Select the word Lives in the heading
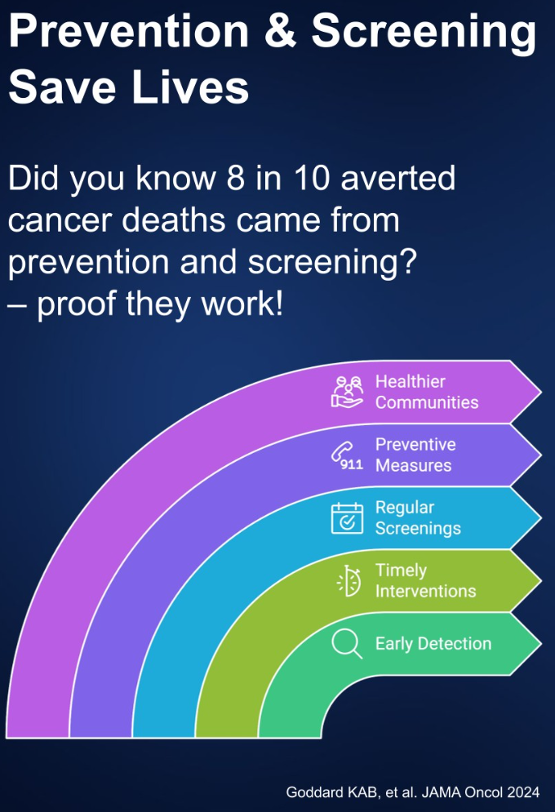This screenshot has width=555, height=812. pyautogui.click(x=190, y=86)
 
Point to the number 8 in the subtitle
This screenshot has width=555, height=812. pyautogui.click(x=235, y=178)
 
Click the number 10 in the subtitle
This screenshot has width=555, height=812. pyautogui.click(x=312, y=178)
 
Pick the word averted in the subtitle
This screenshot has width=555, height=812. pyautogui.click(x=398, y=178)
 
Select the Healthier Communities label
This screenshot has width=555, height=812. pyautogui.click(x=427, y=392)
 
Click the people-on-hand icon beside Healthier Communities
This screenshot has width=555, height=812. pyautogui.click(x=347, y=392)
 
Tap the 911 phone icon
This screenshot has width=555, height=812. pyautogui.click(x=347, y=455)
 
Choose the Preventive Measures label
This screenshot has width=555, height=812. pyautogui.click(x=415, y=455)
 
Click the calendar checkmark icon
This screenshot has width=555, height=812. pyautogui.click(x=347, y=518)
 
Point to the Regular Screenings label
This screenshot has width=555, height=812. pyautogui.click(x=418, y=518)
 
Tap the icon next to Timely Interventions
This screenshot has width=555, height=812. pyautogui.click(x=349, y=581)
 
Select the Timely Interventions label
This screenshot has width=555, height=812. pyautogui.click(x=425, y=580)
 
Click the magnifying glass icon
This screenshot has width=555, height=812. pyautogui.click(x=346, y=644)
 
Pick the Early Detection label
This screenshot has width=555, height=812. pyautogui.click(x=433, y=644)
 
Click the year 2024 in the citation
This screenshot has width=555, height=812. pyautogui.click(x=523, y=792)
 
